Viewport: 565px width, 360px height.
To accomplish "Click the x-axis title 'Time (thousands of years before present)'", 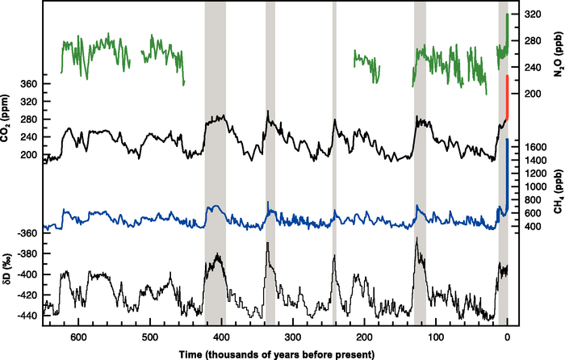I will [266, 353].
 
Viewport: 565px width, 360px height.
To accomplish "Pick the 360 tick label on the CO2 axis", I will [28, 84].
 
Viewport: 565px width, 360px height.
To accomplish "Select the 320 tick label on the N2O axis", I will [532, 15].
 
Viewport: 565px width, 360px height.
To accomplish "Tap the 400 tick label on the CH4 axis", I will [533, 227].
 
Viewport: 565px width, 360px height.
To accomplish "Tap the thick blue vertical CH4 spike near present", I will [507, 170].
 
